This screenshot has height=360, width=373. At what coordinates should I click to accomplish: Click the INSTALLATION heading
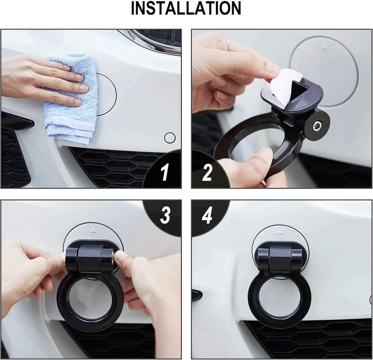(x=186, y=9)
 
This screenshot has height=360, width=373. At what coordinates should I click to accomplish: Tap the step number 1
(x=165, y=173)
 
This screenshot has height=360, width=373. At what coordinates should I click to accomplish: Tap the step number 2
(x=207, y=173)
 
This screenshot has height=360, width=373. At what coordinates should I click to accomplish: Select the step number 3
(x=165, y=216)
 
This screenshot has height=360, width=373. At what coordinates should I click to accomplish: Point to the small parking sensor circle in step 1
(x=170, y=137)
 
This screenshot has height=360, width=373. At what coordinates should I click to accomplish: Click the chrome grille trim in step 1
(x=149, y=41)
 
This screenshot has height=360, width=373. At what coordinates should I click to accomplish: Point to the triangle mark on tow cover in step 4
(x=280, y=231)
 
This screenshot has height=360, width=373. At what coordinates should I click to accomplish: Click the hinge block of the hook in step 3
(x=90, y=258)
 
